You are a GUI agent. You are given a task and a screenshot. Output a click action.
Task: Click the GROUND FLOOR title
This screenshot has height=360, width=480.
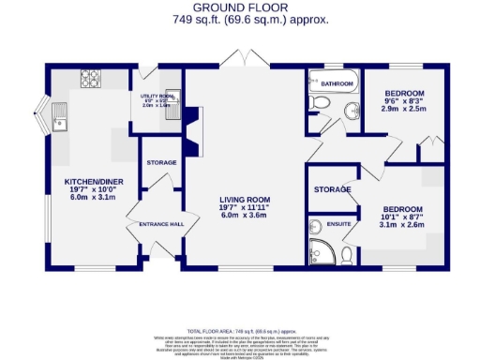[x=241, y=7]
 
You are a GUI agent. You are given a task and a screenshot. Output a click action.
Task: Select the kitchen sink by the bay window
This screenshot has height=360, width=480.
[x=62, y=120]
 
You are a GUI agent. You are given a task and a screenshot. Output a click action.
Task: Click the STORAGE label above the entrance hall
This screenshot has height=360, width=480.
[x=161, y=163]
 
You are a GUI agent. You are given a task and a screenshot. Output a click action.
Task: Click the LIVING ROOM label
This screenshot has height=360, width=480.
[x=245, y=199]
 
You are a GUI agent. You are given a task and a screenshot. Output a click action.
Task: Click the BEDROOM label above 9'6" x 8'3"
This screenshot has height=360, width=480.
[x=405, y=94]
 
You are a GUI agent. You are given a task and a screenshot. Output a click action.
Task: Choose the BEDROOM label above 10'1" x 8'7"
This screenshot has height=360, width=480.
[x=400, y=209]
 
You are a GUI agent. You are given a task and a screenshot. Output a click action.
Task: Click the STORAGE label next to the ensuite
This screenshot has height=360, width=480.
[x=332, y=189]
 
